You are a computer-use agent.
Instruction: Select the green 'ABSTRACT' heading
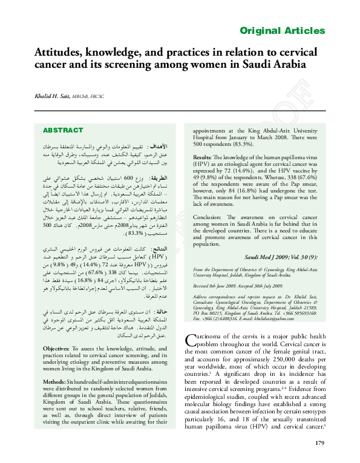coord(63,130)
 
